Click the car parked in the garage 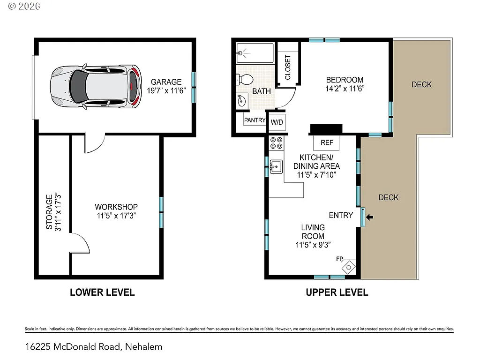pos(96,87)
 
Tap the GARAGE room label pos(166,82)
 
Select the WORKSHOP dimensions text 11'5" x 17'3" pos(116,216)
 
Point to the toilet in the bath pos(245,79)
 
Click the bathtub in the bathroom pos(255,53)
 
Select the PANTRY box pos(255,120)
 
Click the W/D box pos(277,122)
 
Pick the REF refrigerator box pos(327,142)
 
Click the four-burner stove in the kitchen pos(276,143)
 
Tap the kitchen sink pos(275,166)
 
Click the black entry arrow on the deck pos(370,217)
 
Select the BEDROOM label pos(345,80)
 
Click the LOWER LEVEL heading pos(102,292)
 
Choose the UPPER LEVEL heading pos(337,292)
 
